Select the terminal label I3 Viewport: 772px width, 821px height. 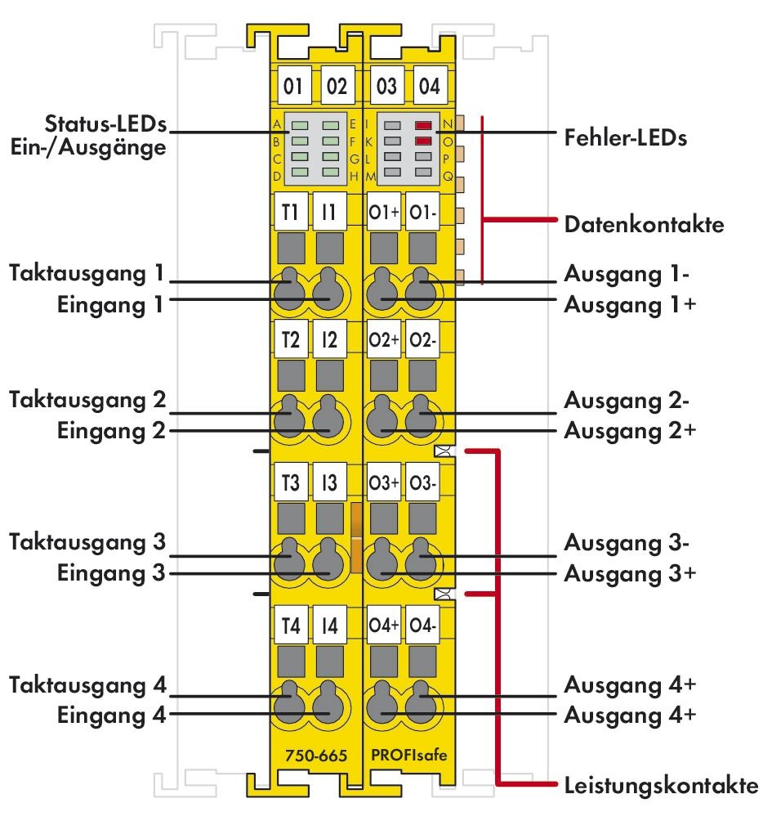[x=328, y=482]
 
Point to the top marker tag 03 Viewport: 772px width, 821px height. [x=385, y=85]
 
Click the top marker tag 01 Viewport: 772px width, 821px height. [x=292, y=85]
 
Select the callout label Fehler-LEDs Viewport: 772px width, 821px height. [x=625, y=137]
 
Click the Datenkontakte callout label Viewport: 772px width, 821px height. [x=644, y=225]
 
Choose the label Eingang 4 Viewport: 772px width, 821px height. [x=112, y=715]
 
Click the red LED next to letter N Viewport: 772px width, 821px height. [x=422, y=126]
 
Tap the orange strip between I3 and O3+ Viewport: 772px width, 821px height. [x=356, y=537]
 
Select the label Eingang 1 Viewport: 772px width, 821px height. [x=112, y=305]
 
